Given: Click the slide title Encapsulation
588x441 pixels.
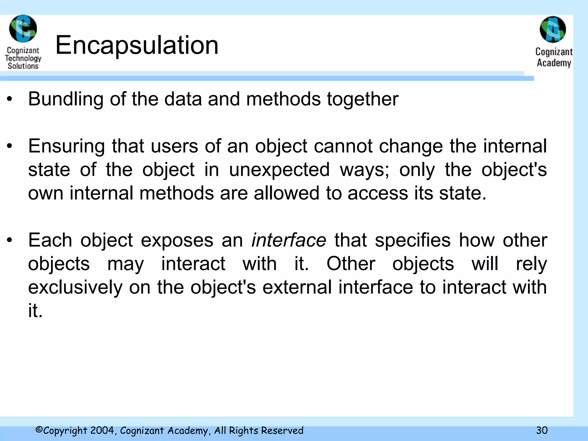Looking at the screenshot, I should coord(137,45).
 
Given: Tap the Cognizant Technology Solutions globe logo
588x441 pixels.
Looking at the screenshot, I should coord(23,29).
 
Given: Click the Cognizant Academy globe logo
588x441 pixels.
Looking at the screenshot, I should coord(553,30).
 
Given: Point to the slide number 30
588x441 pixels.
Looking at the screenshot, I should coord(542,430).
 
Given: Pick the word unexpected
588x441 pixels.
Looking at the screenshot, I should coord(279,170).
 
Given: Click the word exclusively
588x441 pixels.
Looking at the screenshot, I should coord(75,287).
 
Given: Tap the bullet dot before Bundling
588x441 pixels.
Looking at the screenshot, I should coord(10,99).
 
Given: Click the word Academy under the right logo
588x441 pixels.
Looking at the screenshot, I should coord(554,63).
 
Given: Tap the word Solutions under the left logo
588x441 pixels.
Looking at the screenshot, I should coord(23,66).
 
